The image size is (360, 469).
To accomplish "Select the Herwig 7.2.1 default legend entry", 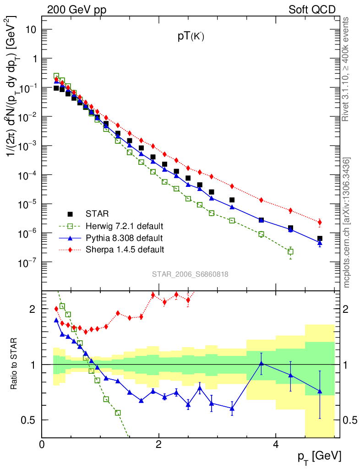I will tap(124, 226).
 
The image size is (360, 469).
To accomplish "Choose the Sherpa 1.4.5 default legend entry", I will tap(124, 250).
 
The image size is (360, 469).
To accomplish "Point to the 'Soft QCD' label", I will tap(311, 10).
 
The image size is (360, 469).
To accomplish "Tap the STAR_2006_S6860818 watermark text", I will tap(190, 274).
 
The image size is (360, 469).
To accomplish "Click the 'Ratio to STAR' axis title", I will tap(15, 364).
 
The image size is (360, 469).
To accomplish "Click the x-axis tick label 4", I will tap(275, 445).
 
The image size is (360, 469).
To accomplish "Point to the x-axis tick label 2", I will tap(158, 445).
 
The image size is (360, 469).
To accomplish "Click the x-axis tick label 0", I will tap(42, 445).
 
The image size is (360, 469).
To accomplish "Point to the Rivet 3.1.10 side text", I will tap(347, 69).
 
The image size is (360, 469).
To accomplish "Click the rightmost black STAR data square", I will tap(320, 239).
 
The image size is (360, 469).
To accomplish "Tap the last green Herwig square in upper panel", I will tap(290, 251).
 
